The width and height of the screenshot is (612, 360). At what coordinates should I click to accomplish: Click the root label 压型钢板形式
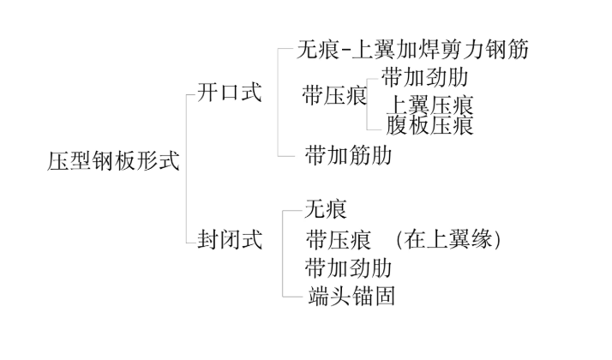tap(112, 161)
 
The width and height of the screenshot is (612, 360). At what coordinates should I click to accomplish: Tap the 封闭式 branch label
tap(229, 239)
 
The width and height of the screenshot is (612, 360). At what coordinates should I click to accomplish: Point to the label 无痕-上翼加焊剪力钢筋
tap(412, 49)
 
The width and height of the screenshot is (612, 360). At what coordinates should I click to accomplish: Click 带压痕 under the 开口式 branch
tap(334, 95)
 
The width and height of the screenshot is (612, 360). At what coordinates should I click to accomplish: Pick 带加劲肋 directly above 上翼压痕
tap(425, 77)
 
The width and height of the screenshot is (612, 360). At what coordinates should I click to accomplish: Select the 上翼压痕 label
tap(430, 105)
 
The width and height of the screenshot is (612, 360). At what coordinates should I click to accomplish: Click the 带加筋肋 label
tap(348, 155)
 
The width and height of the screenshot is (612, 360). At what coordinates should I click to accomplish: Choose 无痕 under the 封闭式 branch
tap(327, 207)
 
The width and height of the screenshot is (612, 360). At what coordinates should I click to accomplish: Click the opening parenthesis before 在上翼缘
tap(401, 239)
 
